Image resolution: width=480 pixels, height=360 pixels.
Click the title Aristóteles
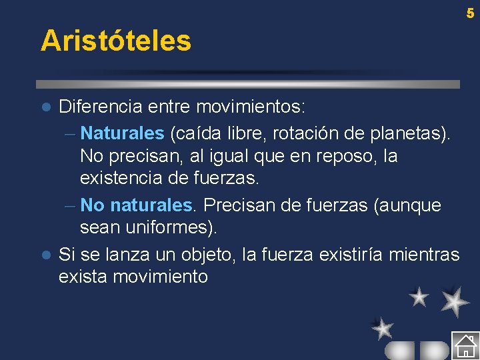(116, 41)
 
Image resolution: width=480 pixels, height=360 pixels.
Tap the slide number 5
(470, 13)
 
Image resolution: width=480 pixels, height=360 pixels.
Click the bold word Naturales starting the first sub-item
(122, 133)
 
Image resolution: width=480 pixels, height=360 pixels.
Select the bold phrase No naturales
(139, 205)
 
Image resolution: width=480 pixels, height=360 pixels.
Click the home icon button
(465, 345)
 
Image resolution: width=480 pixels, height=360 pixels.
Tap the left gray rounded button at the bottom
(399, 351)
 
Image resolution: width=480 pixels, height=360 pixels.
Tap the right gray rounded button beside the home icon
(435, 351)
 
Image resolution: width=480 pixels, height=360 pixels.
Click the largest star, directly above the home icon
(455, 301)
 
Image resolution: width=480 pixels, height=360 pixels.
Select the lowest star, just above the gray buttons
(382, 328)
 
